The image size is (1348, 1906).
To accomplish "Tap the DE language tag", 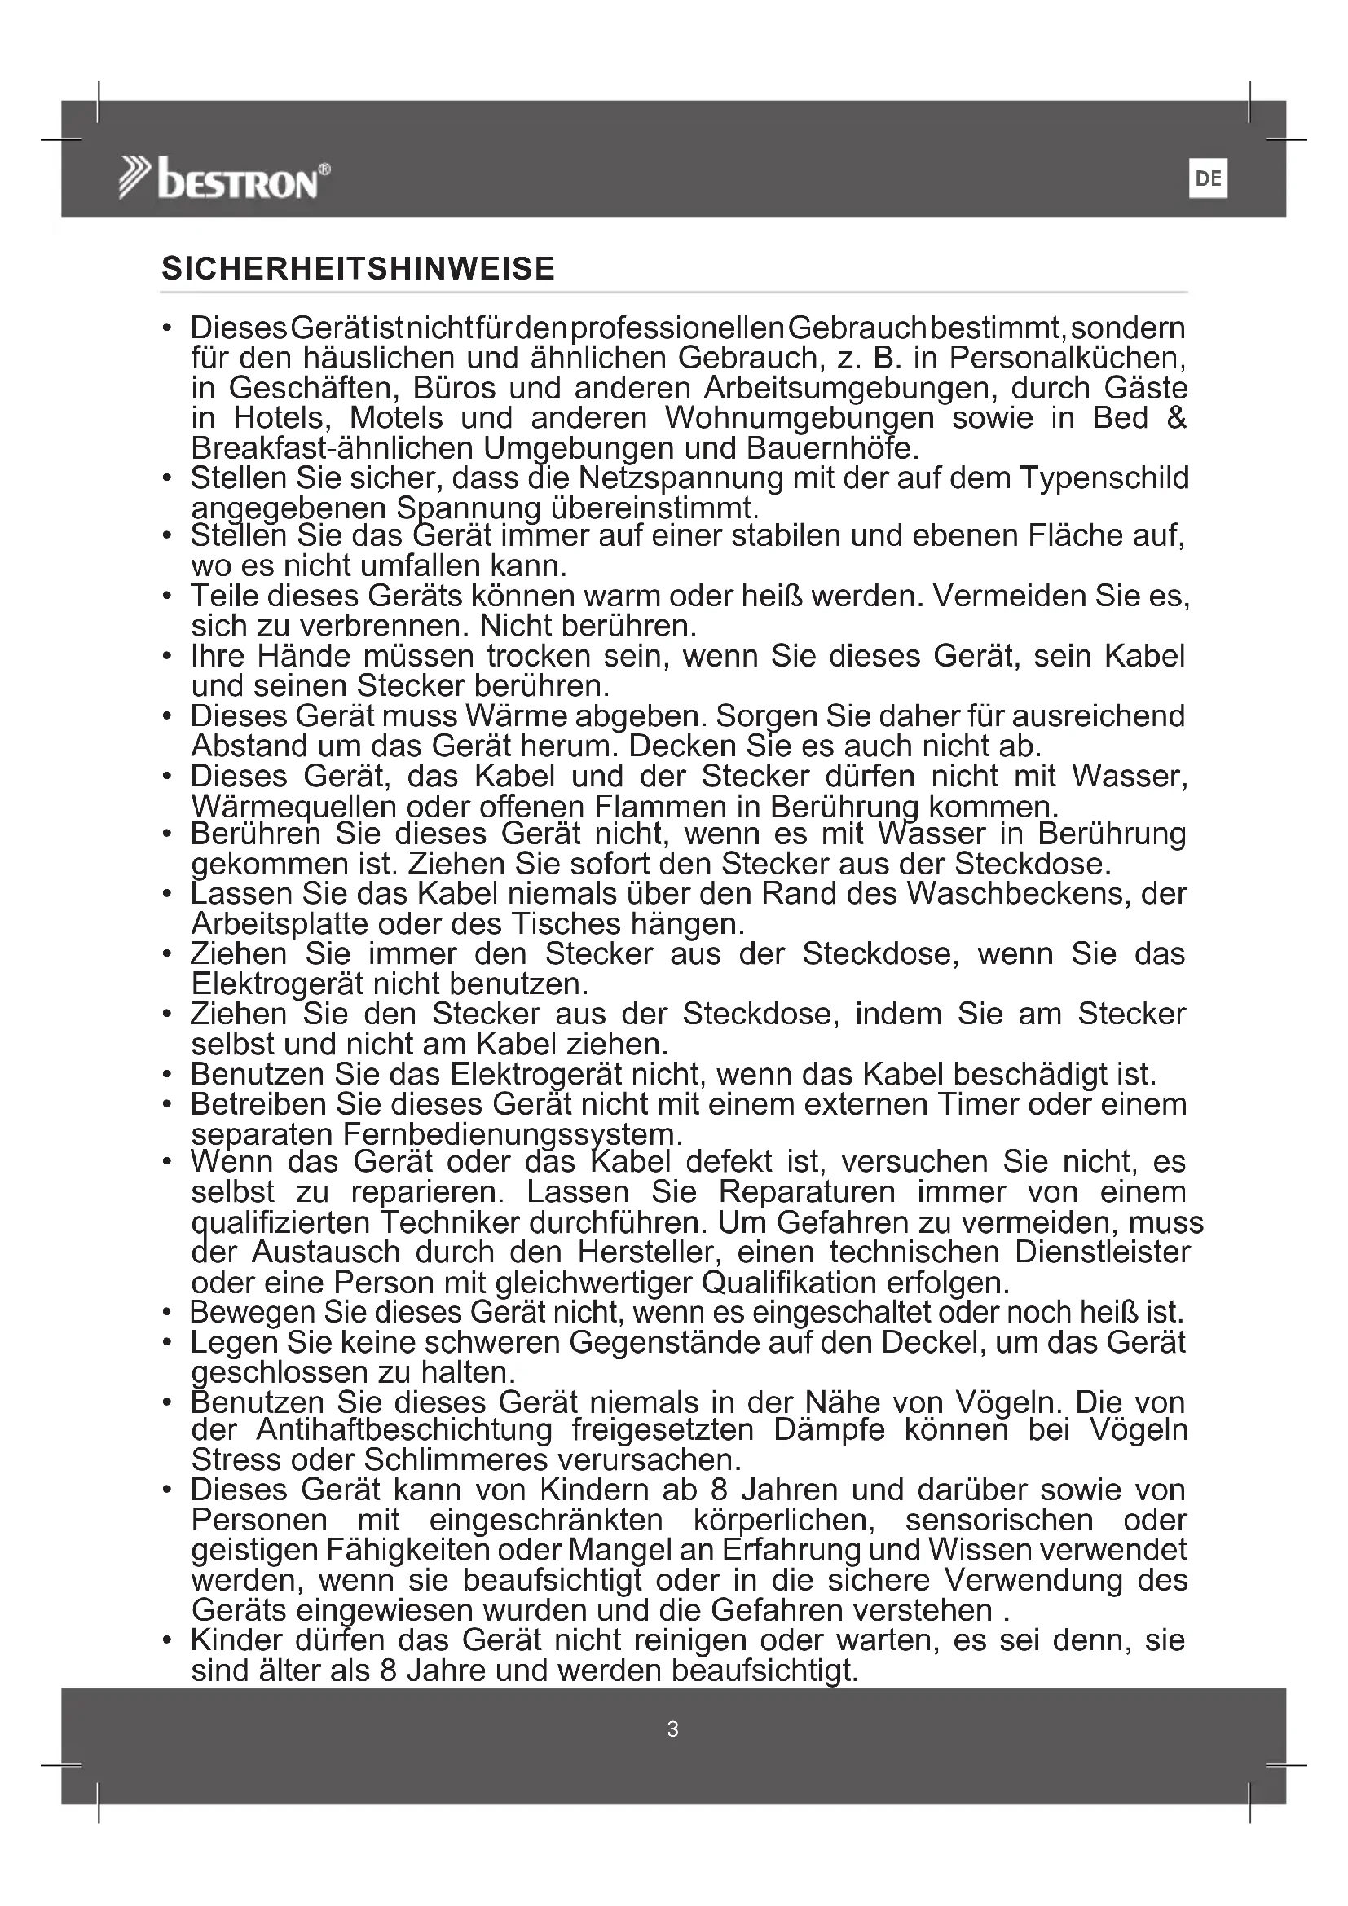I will (1208, 179).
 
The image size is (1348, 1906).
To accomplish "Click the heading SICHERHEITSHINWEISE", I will (358, 269).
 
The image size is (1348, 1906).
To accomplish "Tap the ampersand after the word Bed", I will (1176, 418).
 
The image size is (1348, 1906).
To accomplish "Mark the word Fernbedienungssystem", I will (512, 1135).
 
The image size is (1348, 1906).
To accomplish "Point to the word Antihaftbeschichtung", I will (404, 1430).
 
